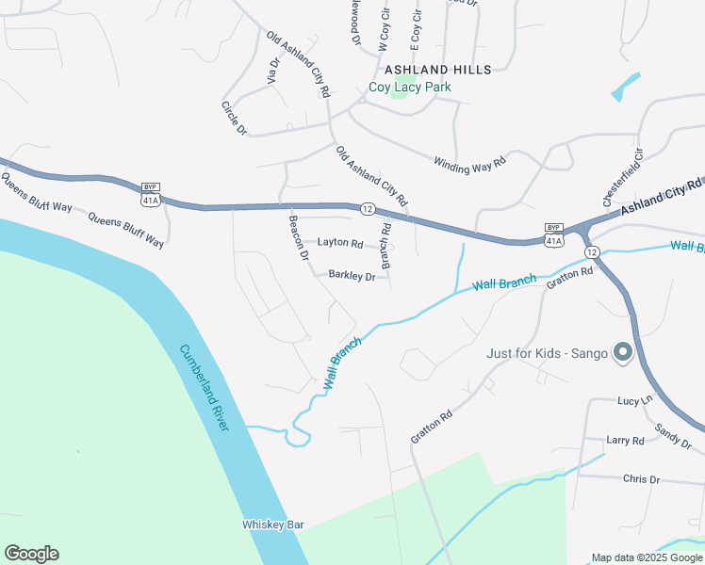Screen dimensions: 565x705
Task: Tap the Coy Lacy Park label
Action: point(409,88)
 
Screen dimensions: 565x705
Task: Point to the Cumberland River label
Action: point(205,388)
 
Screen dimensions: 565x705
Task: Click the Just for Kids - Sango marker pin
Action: point(622,353)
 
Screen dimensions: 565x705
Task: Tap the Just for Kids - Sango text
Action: point(547,354)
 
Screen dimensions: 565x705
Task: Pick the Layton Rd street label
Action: point(340,243)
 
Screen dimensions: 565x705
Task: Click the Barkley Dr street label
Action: point(352,276)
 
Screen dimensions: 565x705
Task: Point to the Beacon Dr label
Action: point(299,238)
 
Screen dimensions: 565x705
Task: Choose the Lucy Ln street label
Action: point(634,400)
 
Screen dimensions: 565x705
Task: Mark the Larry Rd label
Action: point(625,440)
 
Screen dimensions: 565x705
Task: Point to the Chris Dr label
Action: point(641,479)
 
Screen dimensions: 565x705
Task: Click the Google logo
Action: point(31,554)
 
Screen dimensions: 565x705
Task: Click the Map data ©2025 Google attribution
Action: point(646,557)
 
